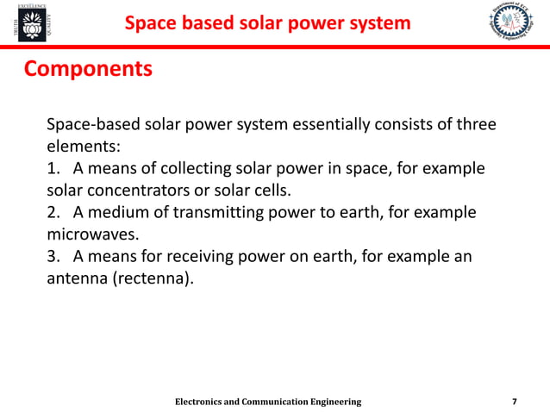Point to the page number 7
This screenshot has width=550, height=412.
click(515, 402)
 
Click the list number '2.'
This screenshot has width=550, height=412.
click(54, 212)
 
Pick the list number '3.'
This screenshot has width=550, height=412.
click(54, 257)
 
